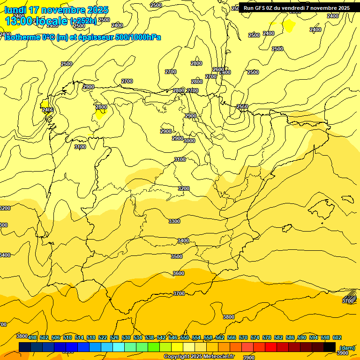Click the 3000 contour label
coord(189,141)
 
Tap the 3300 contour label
coord(174,221)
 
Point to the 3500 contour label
coord(177,256)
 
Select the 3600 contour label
coord(179,273)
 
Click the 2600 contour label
coord(218,69)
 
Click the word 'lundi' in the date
coord(15,10)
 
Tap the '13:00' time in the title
coord(19,21)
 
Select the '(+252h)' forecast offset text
coord(83,21)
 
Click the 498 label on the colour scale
coord(32,337)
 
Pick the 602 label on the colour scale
coord(337,337)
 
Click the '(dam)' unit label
coord(346,347)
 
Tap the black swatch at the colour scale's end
coord(330,347)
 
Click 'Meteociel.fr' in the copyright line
coord(216,357)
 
